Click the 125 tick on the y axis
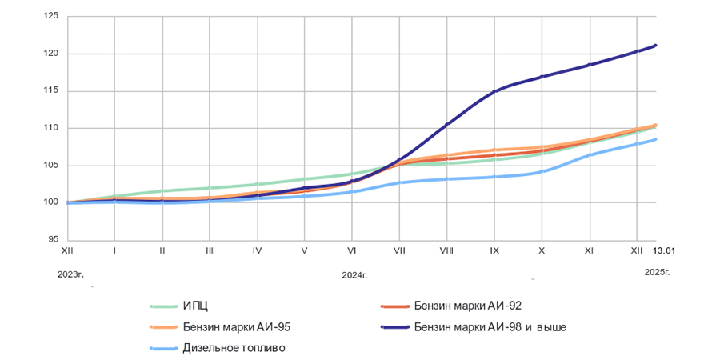click(53, 17)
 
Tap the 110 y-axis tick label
click(53, 128)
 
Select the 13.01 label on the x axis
click(664, 251)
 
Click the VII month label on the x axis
click(399, 251)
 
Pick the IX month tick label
click(494, 251)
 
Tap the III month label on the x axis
click(210, 251)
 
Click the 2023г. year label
click(70, 274)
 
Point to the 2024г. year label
click(354, 274)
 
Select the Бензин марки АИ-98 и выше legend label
click(491, 326)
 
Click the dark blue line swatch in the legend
click(392, 326)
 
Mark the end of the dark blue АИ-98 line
click(656, 45)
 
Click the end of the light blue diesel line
click(656, 139)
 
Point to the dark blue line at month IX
click(494, 91)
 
